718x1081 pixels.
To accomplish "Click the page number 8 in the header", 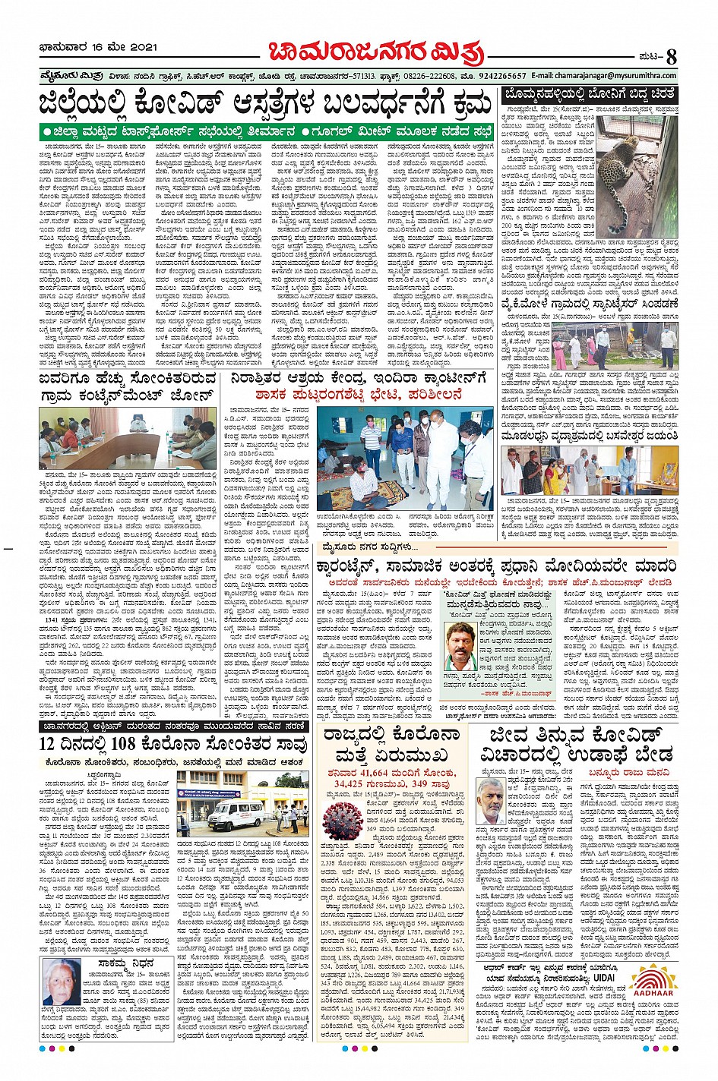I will [671, 56].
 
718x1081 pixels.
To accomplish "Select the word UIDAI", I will [608, 977].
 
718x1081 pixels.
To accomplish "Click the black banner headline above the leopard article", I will [590, 95].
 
